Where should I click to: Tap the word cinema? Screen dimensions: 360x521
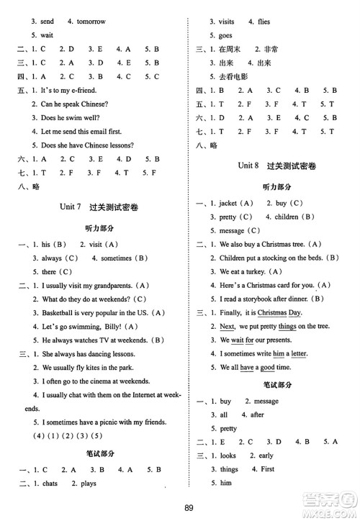107,381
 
